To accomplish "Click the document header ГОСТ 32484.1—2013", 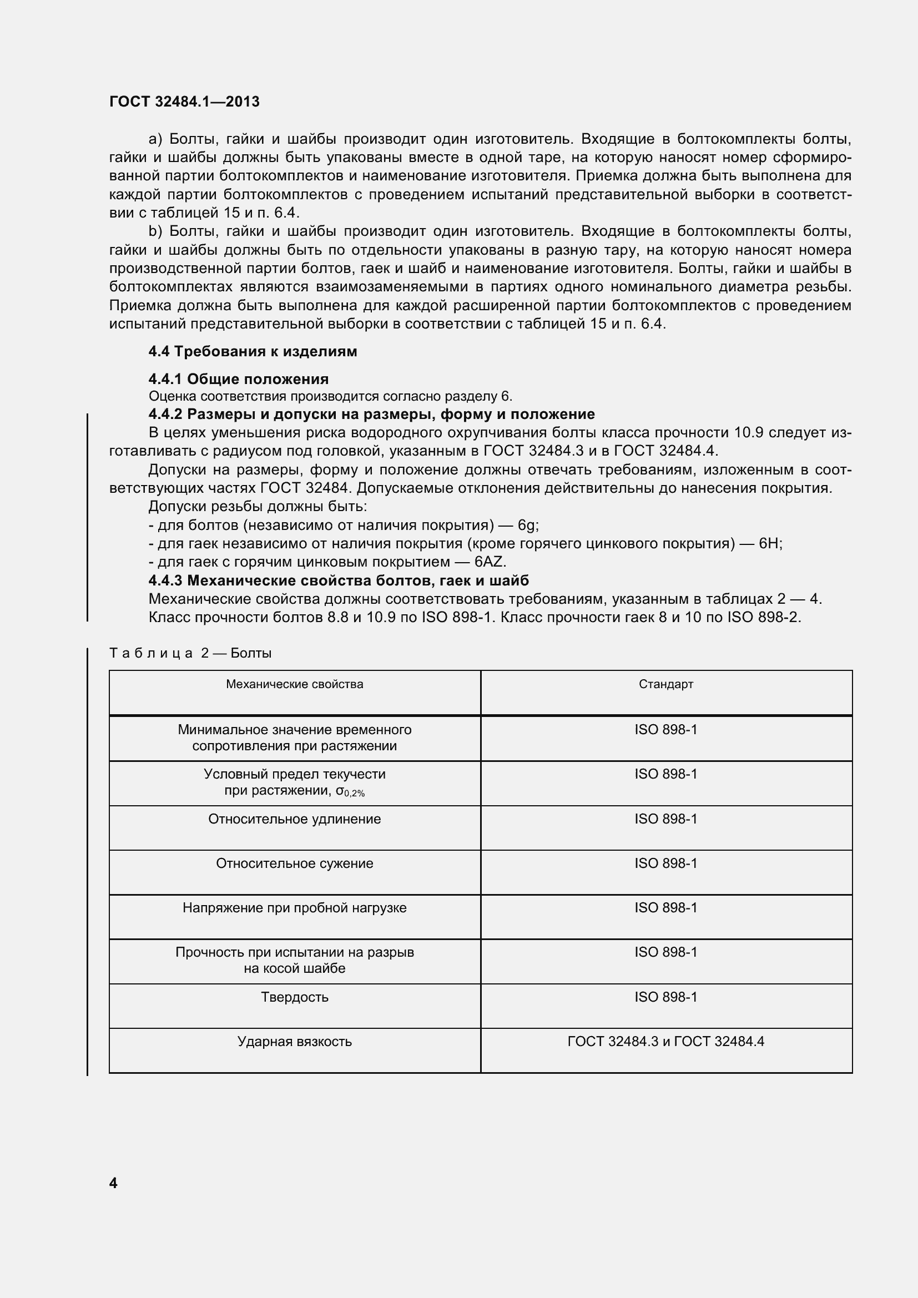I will tap(184, 102).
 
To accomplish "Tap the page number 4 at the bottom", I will tap(113, 1183).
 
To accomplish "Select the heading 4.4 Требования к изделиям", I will tap(253, 352).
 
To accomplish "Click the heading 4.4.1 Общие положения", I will tap(239, 379).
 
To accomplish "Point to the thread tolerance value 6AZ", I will tap(490, 562).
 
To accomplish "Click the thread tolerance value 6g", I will tap(528, 525).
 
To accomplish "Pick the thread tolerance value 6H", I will tap(770, 544).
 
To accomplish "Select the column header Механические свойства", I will tap(295, 685).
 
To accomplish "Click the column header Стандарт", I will tap(666, 685).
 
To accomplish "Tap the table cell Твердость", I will tap(295, 997).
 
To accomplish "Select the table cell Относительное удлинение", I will tap(295, 819).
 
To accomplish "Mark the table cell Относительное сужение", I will tap(295, 864).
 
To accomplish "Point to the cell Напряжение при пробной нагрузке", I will tap(295, 908).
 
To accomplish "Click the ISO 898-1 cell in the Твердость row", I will tap(666, 997).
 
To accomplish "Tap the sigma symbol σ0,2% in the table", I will tap(350, 792).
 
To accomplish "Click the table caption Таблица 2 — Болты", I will tap(190, 654).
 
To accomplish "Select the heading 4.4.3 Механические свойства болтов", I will tap(339, 580).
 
